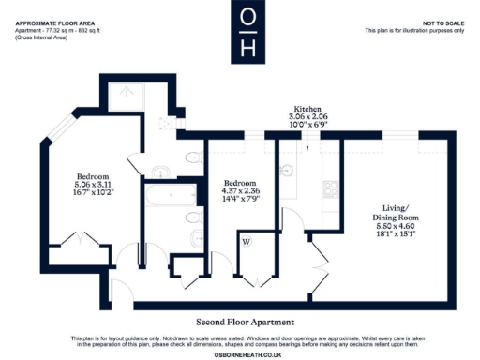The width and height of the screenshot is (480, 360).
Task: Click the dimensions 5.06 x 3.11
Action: pyautogui.click(x=94, y=186)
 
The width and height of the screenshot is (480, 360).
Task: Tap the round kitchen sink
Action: pyautogui.click(x=286, y=171)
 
